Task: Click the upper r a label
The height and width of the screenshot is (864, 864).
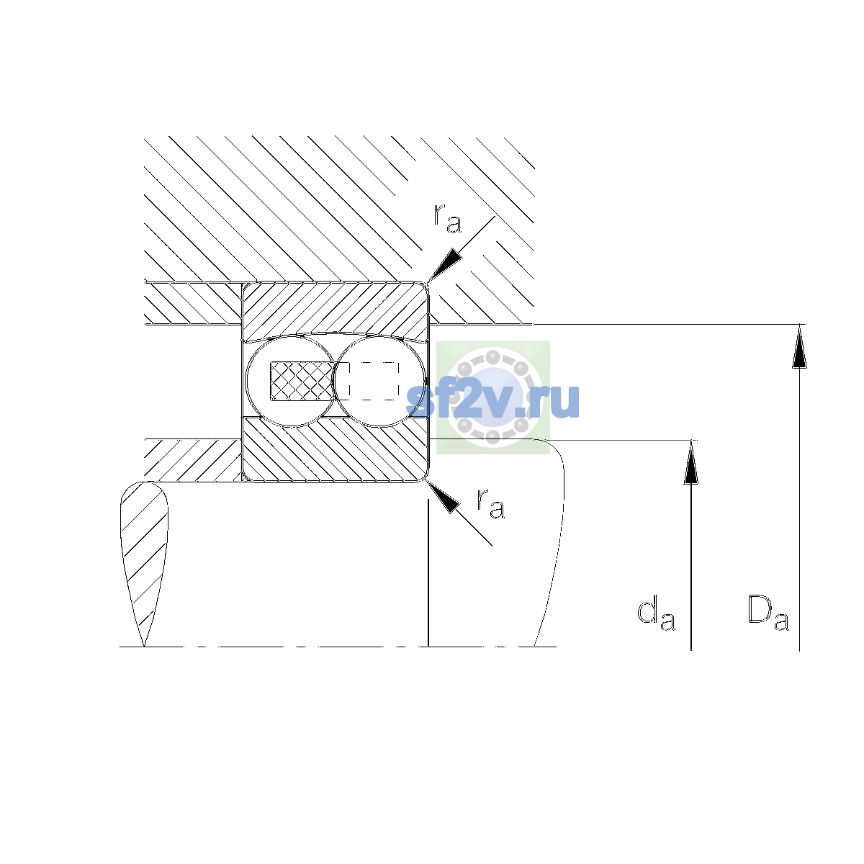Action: (x=447, y=218)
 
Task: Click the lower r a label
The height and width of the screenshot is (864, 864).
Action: (x=491, y=503)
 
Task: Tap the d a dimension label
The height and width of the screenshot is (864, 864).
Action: (x=656, y=613)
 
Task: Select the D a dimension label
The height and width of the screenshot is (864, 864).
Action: (x=768, y=613)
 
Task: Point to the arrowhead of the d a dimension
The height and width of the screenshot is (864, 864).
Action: (x=691, y=462)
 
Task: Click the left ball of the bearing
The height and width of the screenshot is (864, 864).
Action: (x=291, y=381)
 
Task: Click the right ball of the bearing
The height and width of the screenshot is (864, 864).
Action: (x=379, y=381)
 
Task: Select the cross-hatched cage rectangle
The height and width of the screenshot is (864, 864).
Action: (x=302, y=381)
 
